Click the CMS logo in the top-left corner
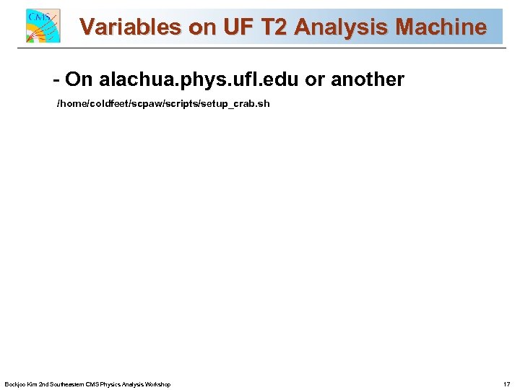[x=43, y=26]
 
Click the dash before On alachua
[x=56, y=79]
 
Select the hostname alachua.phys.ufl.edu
[x=199, y=79]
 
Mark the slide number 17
[x=506, y=384]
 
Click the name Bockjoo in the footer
[x=14, y=384]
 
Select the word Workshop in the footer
[x=156, y=384]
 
